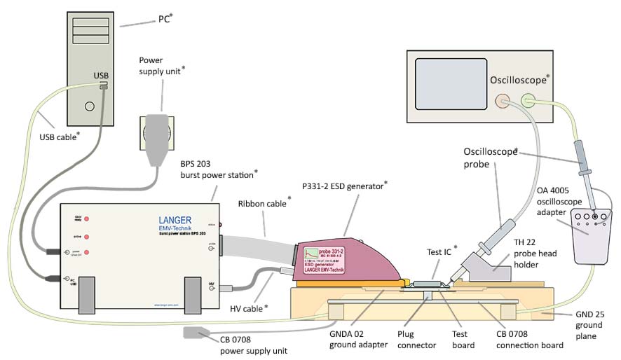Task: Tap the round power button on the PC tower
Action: click(x=89, y=107)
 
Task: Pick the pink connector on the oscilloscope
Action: click(x=502, y=102)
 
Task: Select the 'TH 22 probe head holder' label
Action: click(x=540, y=263)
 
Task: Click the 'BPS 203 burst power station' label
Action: click(x=218, y=169)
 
